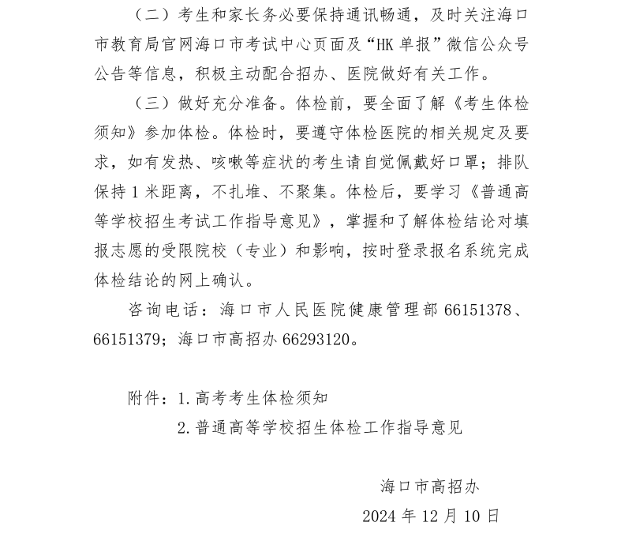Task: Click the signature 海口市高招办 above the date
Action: (428, 487)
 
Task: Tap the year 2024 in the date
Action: (380, 517)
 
